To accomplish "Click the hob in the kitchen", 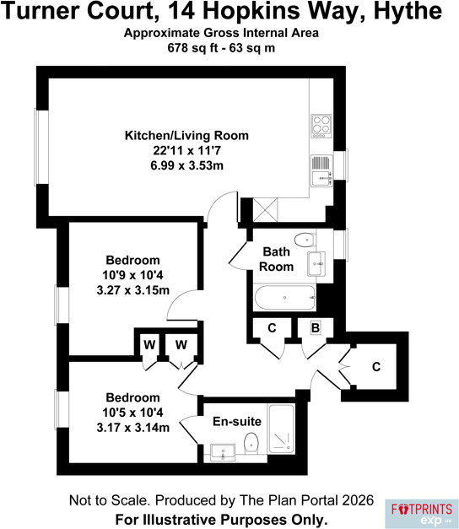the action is tap(321, 127).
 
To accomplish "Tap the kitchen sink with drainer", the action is tap(321, 170).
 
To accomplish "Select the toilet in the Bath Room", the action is tap(305, 240).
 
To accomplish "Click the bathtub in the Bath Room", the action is tap(285, 298).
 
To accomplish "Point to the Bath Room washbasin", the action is tap(316, 264).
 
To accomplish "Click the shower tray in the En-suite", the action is tap(281, 429).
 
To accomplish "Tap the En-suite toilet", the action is tap(251, 443).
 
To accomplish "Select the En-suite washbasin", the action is tap(223, 452).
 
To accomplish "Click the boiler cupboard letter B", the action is tap(316, 327).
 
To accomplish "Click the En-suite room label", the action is tap(237, 421).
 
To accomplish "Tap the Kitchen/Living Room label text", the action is tap(186, 135).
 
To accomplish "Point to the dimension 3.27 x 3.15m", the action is tap(133, 290).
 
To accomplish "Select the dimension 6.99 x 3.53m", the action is tap(187, 165).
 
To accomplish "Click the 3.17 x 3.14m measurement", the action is tap(133, 428).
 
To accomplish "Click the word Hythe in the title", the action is tap(408, 12).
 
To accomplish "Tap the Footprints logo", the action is tap(422, 514).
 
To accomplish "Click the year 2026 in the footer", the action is tap(358, 500).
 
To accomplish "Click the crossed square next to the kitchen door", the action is tap(265, 210).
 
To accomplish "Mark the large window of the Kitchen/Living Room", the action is tap(41, 147).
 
